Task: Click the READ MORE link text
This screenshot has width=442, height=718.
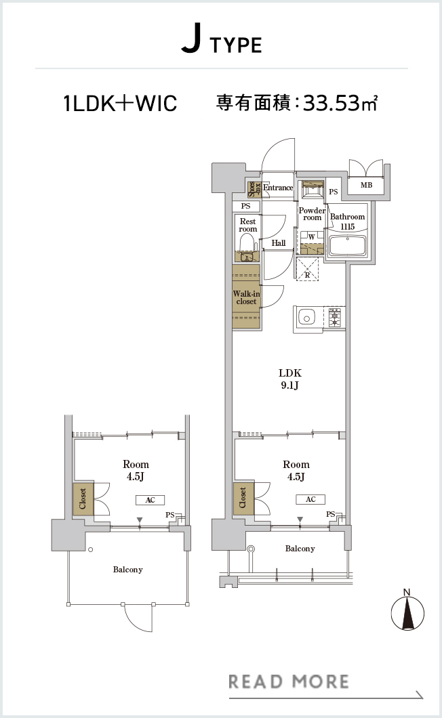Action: (x=288, y=681)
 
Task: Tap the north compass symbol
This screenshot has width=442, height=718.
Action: (x=407, y=612)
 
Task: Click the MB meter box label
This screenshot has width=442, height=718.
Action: (x=366, y=185)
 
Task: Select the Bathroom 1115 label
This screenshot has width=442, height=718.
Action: (x=348, y=221)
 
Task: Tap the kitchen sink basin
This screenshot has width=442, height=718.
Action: (x=305, y=316)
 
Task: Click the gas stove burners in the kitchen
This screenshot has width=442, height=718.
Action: (x=335, y=316)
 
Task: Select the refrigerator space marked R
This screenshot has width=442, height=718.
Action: (x=307, y=270)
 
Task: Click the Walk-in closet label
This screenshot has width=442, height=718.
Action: (x=246, y=297)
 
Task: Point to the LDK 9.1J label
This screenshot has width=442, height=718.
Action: (x=289, y=379)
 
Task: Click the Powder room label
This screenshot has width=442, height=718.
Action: (x=312, y=214)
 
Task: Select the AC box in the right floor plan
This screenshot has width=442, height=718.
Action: (x=311, y=499)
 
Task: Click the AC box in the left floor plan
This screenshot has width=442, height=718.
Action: (x=150, y=500)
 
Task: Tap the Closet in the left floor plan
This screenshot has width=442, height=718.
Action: (x=83, y=499)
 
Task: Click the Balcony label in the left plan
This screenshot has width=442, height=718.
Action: (x=128, y=569)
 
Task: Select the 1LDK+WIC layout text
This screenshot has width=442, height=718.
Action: (x=120, y=103)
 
